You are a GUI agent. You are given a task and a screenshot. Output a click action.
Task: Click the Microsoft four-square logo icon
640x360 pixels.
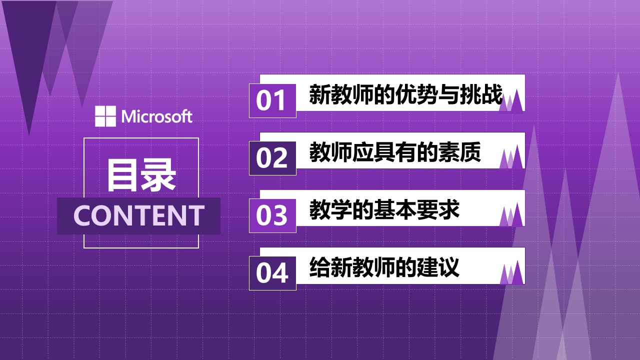click(105, 116)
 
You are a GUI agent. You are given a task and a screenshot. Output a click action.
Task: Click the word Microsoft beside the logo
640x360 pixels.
click(157, 116)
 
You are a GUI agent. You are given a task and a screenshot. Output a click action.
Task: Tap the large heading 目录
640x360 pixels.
click(141, 175)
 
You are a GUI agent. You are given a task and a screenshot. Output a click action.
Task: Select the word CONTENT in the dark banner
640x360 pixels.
click(139, 215)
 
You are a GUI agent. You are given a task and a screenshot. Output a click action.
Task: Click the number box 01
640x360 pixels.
click(272, 100)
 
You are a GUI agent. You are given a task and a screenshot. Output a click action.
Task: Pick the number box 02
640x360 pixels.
click(272, 158)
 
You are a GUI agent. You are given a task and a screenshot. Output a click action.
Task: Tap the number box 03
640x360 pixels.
click(272, 215)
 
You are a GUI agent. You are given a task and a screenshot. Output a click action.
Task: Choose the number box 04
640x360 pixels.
click(272, 273)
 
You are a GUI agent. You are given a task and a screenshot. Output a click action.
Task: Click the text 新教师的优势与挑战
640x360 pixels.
click(405, 94)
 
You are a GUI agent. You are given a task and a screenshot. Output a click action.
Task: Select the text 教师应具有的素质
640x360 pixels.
click(395, 152)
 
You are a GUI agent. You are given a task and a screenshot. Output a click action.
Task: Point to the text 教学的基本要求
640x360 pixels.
click(384, 209)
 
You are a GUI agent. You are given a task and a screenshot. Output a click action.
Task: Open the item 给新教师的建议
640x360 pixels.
click(384, 267)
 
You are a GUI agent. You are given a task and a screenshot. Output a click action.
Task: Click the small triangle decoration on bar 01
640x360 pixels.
click(511, 101)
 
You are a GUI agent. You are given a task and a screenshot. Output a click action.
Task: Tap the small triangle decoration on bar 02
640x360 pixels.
click(511, 157)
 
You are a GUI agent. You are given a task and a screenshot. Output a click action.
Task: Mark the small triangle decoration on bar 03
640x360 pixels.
click(511, 214)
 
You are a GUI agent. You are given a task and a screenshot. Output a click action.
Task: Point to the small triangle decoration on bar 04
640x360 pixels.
click(511, 272)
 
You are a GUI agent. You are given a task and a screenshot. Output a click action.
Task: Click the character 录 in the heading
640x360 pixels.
click(159, 175)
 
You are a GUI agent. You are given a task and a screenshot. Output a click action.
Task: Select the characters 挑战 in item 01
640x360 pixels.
click(481, 94)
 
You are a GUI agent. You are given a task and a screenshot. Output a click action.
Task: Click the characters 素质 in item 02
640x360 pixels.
click(459, 152)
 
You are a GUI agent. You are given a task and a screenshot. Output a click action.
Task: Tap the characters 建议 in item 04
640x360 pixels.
click(438, 267)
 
